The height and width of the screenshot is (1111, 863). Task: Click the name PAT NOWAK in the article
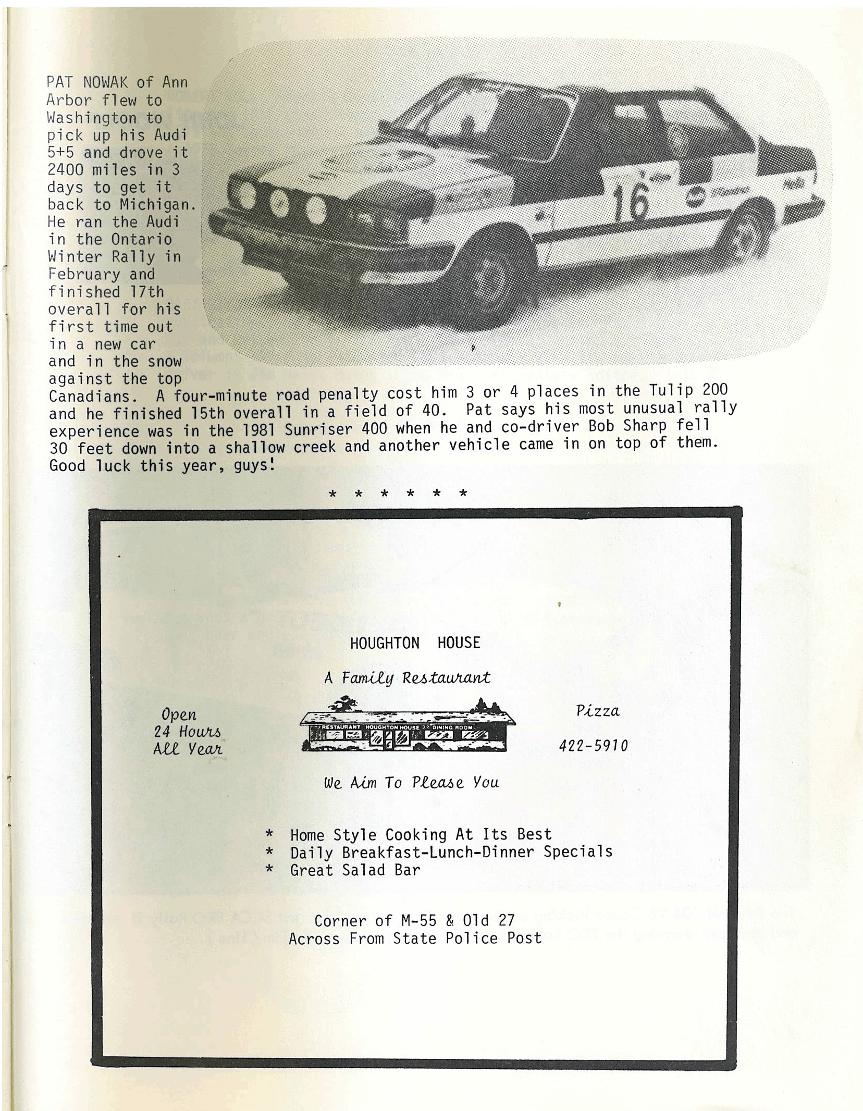90,82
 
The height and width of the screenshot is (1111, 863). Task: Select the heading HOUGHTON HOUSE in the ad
415,643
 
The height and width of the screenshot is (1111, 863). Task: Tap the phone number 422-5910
593,746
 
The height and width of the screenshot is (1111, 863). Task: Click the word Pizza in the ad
597,711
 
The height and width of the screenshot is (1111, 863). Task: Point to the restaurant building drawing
407,726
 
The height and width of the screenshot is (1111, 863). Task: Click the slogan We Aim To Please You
411,782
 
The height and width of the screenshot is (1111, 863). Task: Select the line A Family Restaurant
407,678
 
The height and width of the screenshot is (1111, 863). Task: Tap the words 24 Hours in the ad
187,732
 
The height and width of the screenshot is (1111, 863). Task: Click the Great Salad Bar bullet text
354,870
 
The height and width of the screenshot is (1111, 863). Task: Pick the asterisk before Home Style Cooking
269,834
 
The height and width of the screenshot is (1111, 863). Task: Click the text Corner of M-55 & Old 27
414,920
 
